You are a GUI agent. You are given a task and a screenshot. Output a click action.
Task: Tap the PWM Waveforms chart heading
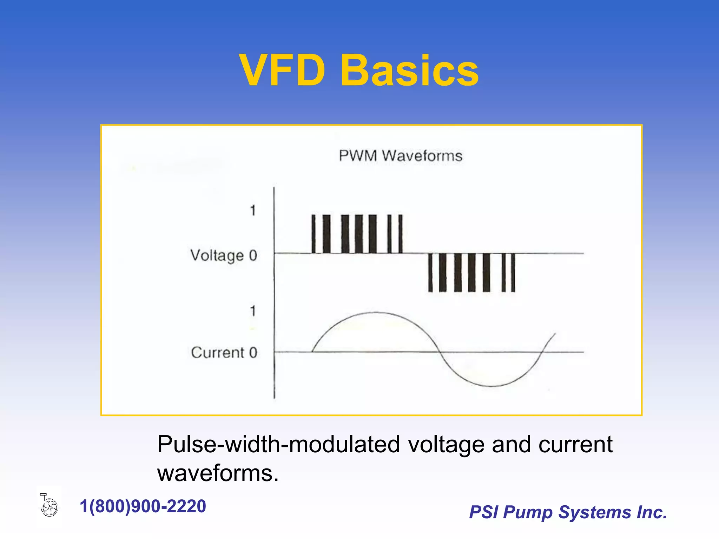pyautogui.click(x=400, y=156)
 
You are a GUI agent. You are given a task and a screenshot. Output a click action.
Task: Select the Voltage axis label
pyautogui.click(x=217, y=255)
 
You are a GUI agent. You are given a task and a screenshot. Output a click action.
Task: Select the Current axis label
pyautogui.click(x=217, y=353)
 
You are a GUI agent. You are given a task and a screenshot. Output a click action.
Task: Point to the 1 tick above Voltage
pyautogui.click(x=253, y=211)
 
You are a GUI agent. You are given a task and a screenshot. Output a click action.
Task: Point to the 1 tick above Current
pyautogui.click(x=253, y=311)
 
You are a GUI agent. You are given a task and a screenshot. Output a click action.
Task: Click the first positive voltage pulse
pyautogui.click(x=314, y=234)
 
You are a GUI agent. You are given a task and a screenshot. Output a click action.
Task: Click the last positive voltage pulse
pyautogui.click(x=401, y=234)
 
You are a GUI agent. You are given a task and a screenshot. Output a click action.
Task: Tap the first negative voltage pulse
pyautogui.click(x=430, y=273)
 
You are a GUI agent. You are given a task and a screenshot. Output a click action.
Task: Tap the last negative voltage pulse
pyautogui.click(x=513, y=273)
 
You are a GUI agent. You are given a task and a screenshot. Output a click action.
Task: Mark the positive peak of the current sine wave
pyautogui.click(x=376, y=312)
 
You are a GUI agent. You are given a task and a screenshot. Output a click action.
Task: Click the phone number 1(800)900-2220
pyautogui.click(x=143, y=506)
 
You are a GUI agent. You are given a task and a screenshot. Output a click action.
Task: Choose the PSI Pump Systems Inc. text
pyautogui.click(x=568, y=512)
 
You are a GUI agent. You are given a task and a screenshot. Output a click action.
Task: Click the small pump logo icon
pyautogui.click(x=49, y=505)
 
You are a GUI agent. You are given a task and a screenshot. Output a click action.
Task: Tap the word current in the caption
pyautogui.click(x=575, y=445)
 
